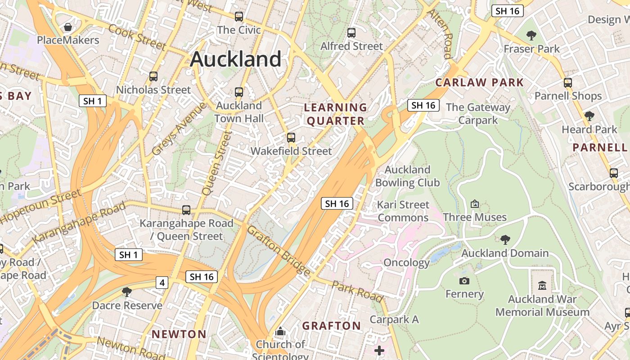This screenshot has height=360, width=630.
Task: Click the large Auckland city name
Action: click(236, 59)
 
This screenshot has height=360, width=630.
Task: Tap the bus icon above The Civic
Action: click(239, 17)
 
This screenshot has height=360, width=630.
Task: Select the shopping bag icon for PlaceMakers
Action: click(68, 27)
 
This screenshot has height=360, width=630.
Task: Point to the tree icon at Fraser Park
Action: click(531, 35)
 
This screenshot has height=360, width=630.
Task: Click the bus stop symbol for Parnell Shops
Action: click(568, 83)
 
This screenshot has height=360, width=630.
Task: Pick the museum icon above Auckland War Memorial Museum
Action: click(542, 285)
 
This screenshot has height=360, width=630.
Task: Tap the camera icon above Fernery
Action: click(464, 281)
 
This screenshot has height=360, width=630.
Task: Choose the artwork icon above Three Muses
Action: click(474, 204)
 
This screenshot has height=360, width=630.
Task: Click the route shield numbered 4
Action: click(162, 283)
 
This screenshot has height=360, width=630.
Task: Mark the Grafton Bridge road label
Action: click(279, 251)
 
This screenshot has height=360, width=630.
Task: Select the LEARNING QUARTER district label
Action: click(335, 114)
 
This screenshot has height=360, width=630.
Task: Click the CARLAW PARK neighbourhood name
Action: click(480, 82)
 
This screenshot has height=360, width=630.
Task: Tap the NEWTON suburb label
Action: click(179, 334)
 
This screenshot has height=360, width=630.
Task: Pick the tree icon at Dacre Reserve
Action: click(127, 292)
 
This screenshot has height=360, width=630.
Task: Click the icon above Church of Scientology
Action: click(281, 332)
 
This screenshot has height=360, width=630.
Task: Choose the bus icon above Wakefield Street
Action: click(291, 138)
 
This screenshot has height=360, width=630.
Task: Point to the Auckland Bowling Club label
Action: click(407, 176)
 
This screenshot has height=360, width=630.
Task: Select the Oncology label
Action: click(407, 262)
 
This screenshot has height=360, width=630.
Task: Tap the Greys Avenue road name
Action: click(179, 129)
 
